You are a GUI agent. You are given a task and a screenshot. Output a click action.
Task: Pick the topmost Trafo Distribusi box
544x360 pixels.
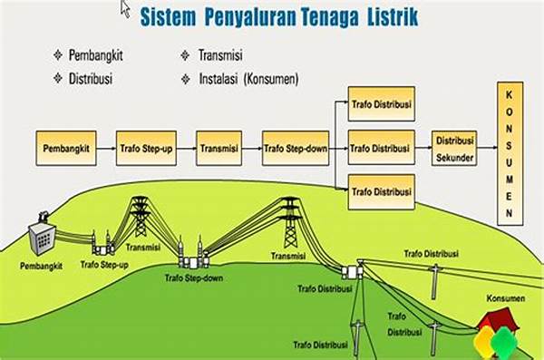pos(381,103)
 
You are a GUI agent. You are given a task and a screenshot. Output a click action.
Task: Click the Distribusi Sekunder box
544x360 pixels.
pos(456,146)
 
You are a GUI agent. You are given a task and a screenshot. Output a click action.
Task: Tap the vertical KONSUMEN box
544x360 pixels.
pos(510,154)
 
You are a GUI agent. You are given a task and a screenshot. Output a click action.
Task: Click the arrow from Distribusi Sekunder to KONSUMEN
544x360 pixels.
pos(487,146)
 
